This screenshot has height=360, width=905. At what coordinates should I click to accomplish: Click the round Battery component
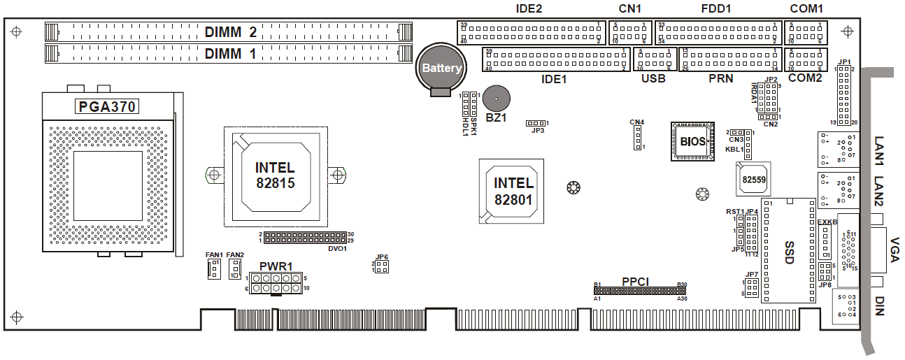click(441, 68)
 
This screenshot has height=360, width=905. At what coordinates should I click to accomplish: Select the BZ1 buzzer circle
click(496, 98)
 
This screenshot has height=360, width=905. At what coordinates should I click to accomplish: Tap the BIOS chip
click(692, 141)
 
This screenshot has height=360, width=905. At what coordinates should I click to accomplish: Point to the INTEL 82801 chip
click(513, 191)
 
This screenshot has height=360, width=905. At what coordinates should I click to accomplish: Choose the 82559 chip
click(753, 179)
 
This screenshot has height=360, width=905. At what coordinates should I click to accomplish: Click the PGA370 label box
click(106, 107)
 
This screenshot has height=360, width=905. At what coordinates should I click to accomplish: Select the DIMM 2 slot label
click(230, 32)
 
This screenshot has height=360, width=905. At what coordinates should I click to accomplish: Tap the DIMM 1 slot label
click(230, 53)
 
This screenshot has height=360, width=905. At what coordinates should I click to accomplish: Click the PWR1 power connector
click(277, 283)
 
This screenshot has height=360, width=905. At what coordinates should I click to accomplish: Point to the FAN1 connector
click(214, 268)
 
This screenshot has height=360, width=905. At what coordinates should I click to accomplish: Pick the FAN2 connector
click(236, 269)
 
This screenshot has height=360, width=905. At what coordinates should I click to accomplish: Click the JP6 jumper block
click(381, 267)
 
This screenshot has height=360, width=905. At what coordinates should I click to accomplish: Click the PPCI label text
click(636, 282)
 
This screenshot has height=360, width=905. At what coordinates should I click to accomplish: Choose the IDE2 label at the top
click(528, 9)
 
